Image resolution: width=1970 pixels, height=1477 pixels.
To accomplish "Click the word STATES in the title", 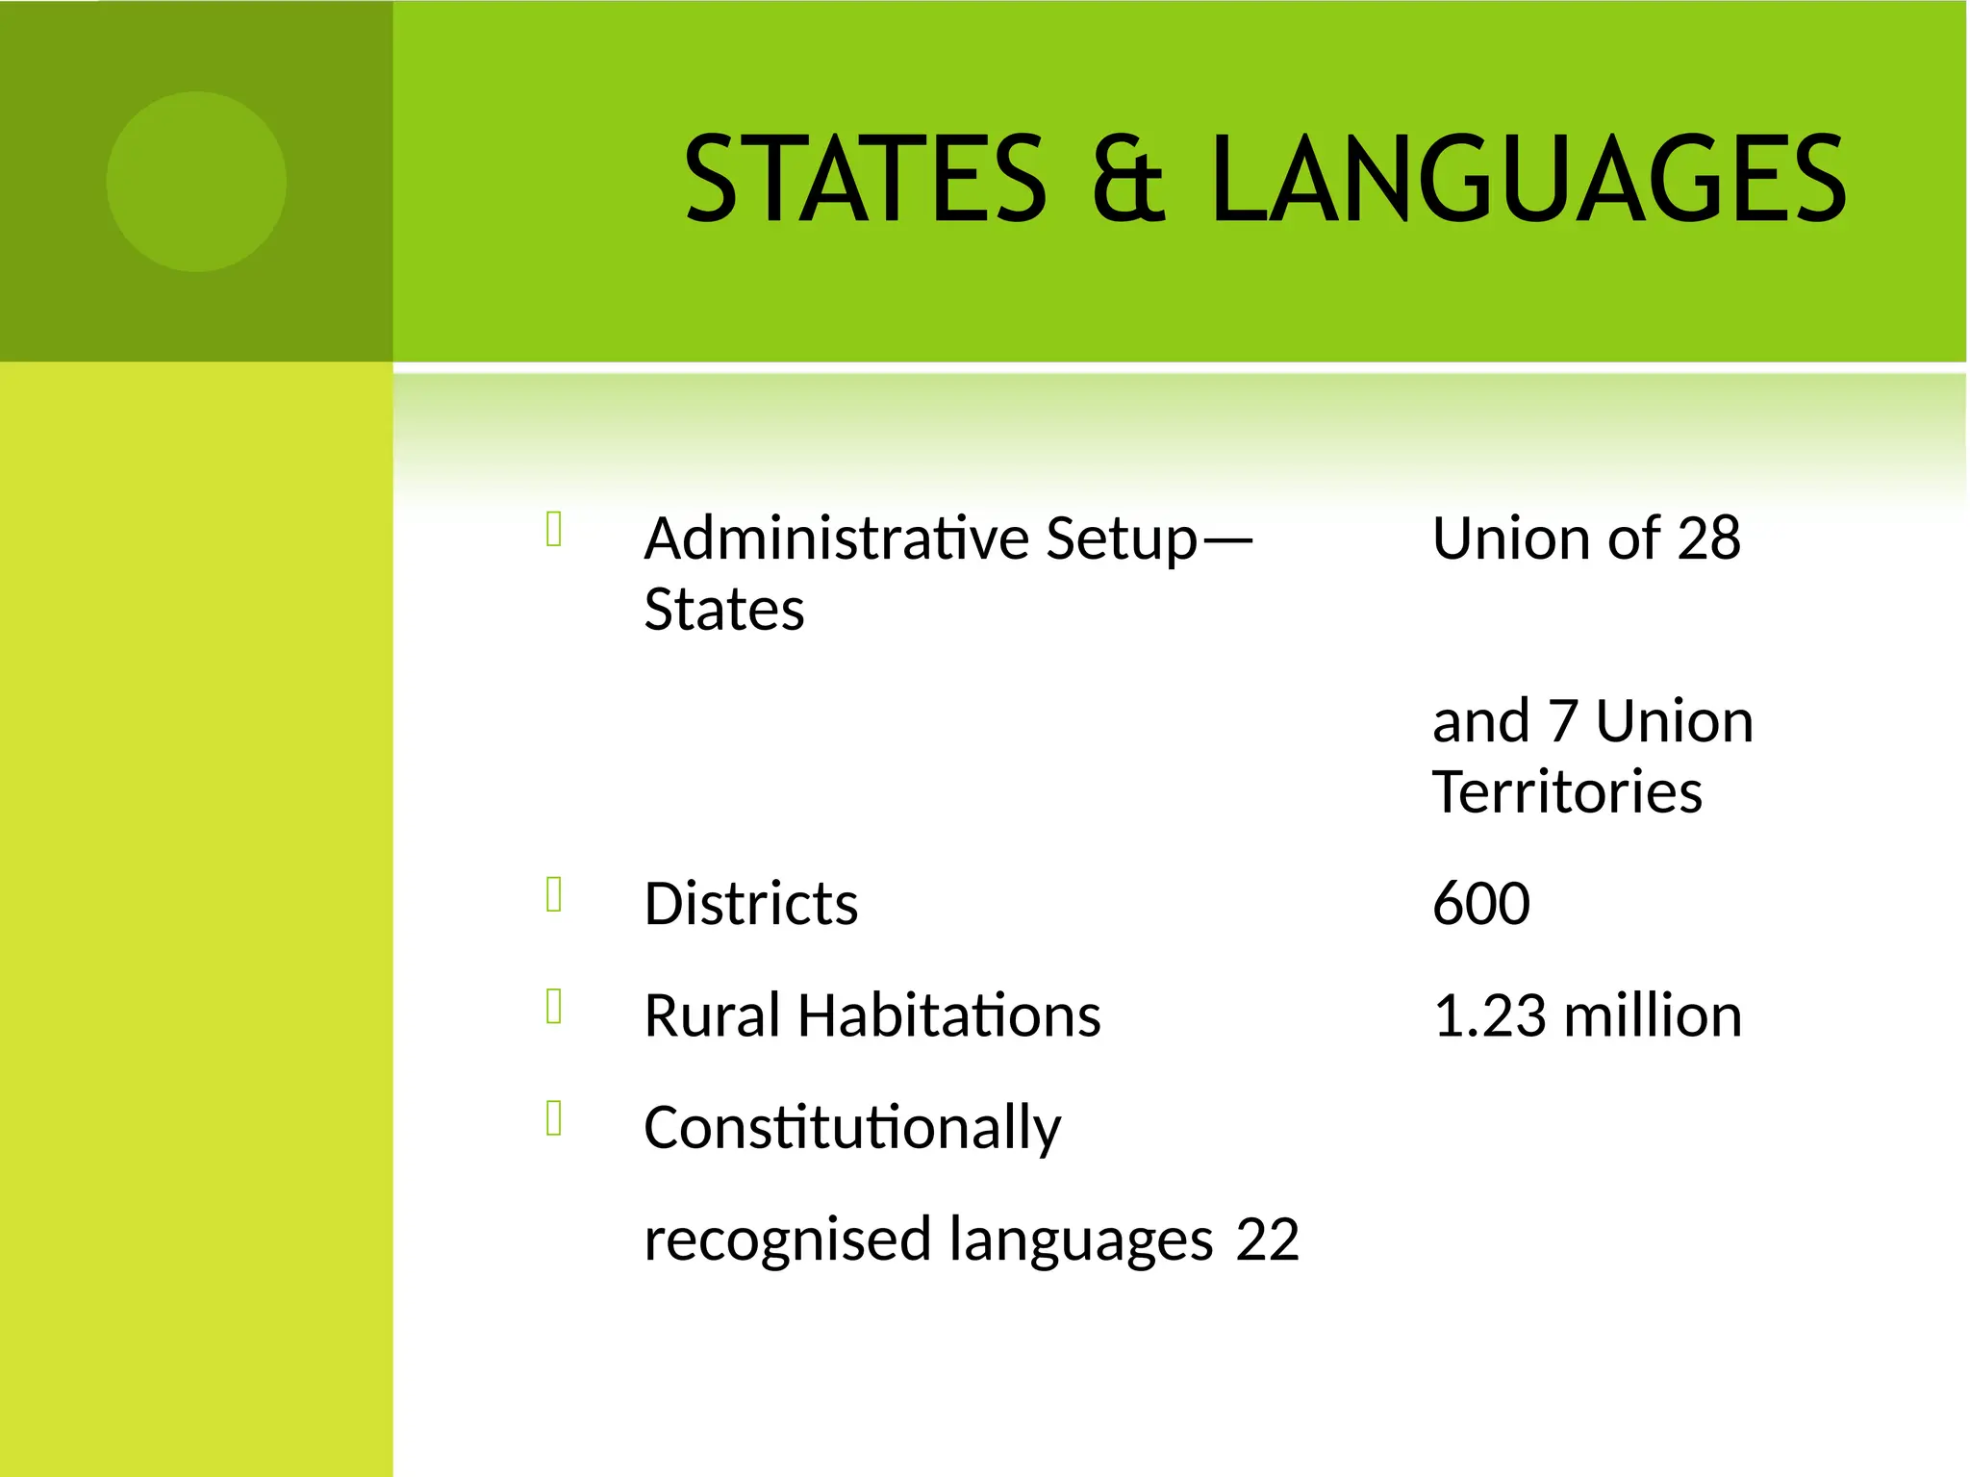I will (865, 179).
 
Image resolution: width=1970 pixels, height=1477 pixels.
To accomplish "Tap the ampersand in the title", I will (1128, 179).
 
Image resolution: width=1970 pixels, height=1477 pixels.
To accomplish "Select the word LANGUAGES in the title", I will (1528, 179).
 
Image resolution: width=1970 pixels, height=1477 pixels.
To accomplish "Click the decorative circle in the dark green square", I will (196, 181).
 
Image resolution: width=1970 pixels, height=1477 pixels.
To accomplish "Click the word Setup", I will (1122, 540).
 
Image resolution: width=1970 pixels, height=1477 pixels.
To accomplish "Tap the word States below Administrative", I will (723, 610).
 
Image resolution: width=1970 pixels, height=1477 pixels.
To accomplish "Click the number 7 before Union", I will (1562, 721).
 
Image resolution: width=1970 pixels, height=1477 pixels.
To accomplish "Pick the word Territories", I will (1567, 792).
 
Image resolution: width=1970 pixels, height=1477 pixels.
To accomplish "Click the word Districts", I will (750, 904).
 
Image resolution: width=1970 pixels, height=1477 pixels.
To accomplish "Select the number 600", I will (1480, 904).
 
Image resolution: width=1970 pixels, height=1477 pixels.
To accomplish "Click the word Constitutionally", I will (852, 1129).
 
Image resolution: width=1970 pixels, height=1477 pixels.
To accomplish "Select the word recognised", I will (787, 1240).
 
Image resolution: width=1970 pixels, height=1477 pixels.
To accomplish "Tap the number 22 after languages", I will (1267, 1239).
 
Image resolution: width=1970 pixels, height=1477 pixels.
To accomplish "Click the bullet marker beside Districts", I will (554, 894).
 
